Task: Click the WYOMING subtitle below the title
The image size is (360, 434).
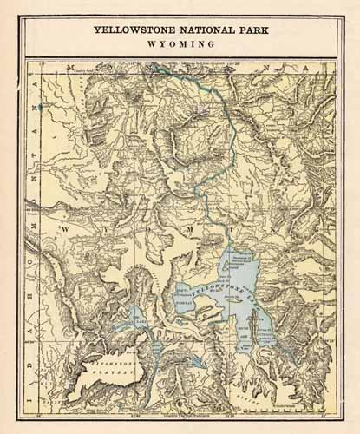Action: [x=180, y=43]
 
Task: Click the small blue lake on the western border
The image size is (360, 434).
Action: [x=39, y=106]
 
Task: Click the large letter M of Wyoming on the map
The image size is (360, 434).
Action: [x=187, y=227]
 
